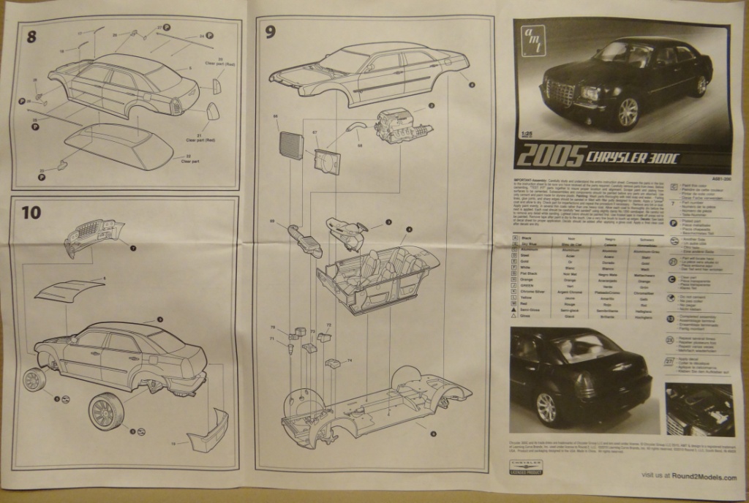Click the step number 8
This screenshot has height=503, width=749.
click(31, 37)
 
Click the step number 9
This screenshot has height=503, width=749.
click(271, 31)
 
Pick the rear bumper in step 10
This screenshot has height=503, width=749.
click(207, 431)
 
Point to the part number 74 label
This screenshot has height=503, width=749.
click(350, 360)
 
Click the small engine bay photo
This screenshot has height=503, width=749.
click(699, 409)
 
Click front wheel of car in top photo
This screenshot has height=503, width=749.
click(627, 113)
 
